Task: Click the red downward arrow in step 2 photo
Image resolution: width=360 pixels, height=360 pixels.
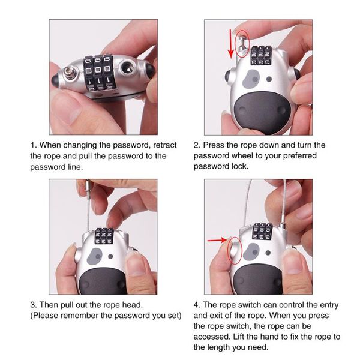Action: point(230,47)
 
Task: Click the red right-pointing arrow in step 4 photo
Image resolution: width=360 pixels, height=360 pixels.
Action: point(216,241)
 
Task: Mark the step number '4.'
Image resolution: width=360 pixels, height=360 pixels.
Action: point(197,304)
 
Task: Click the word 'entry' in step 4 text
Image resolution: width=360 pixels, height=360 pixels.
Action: point(331,304)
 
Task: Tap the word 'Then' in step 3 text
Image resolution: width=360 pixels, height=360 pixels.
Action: point(50,304)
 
